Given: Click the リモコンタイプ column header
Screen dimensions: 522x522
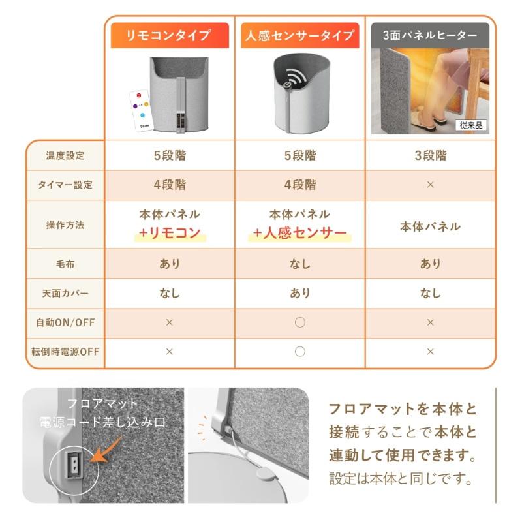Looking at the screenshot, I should (170, 35).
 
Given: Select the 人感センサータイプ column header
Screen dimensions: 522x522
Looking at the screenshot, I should (299, 35).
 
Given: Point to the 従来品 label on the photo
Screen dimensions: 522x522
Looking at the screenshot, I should (470, 125).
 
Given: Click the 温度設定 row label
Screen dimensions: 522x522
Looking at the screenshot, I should (65, 156).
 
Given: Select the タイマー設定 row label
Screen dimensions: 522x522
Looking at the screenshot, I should (65, 185).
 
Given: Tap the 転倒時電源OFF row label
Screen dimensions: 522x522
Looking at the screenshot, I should (65, 352).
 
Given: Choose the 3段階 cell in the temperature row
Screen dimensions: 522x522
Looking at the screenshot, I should (430, 156).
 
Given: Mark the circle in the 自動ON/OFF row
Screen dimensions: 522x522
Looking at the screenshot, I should (299, 322).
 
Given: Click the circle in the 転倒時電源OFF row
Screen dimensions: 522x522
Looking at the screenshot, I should (299, 352).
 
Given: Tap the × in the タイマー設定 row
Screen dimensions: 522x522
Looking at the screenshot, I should (430, 185).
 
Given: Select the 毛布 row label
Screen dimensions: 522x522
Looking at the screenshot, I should (65, 264).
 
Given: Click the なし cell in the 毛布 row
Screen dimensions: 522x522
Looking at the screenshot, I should (299, 264).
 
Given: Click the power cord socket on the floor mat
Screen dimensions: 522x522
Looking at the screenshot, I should (73, 464).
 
